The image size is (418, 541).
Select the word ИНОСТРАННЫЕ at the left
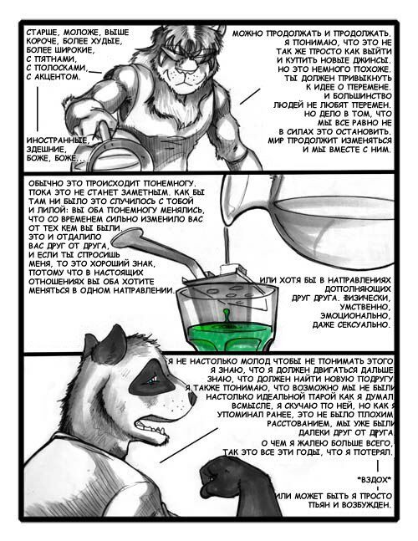56,140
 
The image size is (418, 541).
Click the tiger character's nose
187,72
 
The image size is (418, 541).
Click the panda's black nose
191,397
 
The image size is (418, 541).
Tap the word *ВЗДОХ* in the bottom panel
375,479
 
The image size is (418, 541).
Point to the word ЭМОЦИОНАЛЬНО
356,316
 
